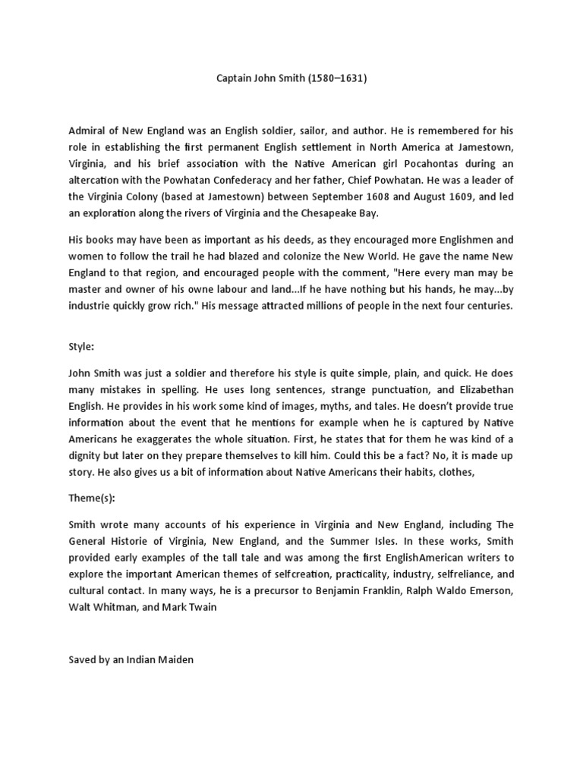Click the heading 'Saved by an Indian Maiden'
click(131, 660)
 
